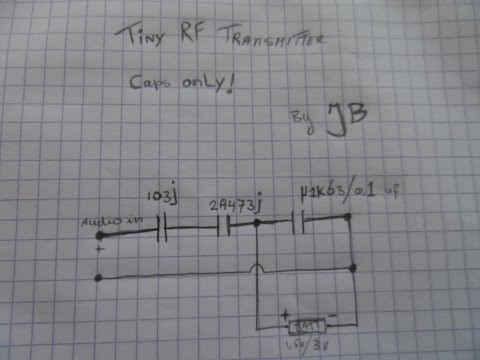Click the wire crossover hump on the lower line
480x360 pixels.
258,268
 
